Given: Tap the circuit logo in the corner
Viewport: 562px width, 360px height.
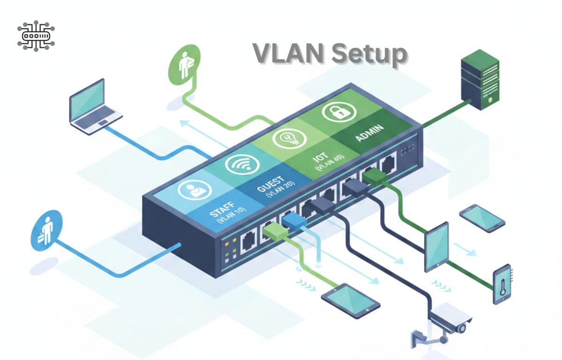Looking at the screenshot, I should (x=36, y=35).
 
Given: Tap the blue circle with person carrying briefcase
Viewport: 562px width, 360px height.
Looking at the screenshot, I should (x=46, y=230).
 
